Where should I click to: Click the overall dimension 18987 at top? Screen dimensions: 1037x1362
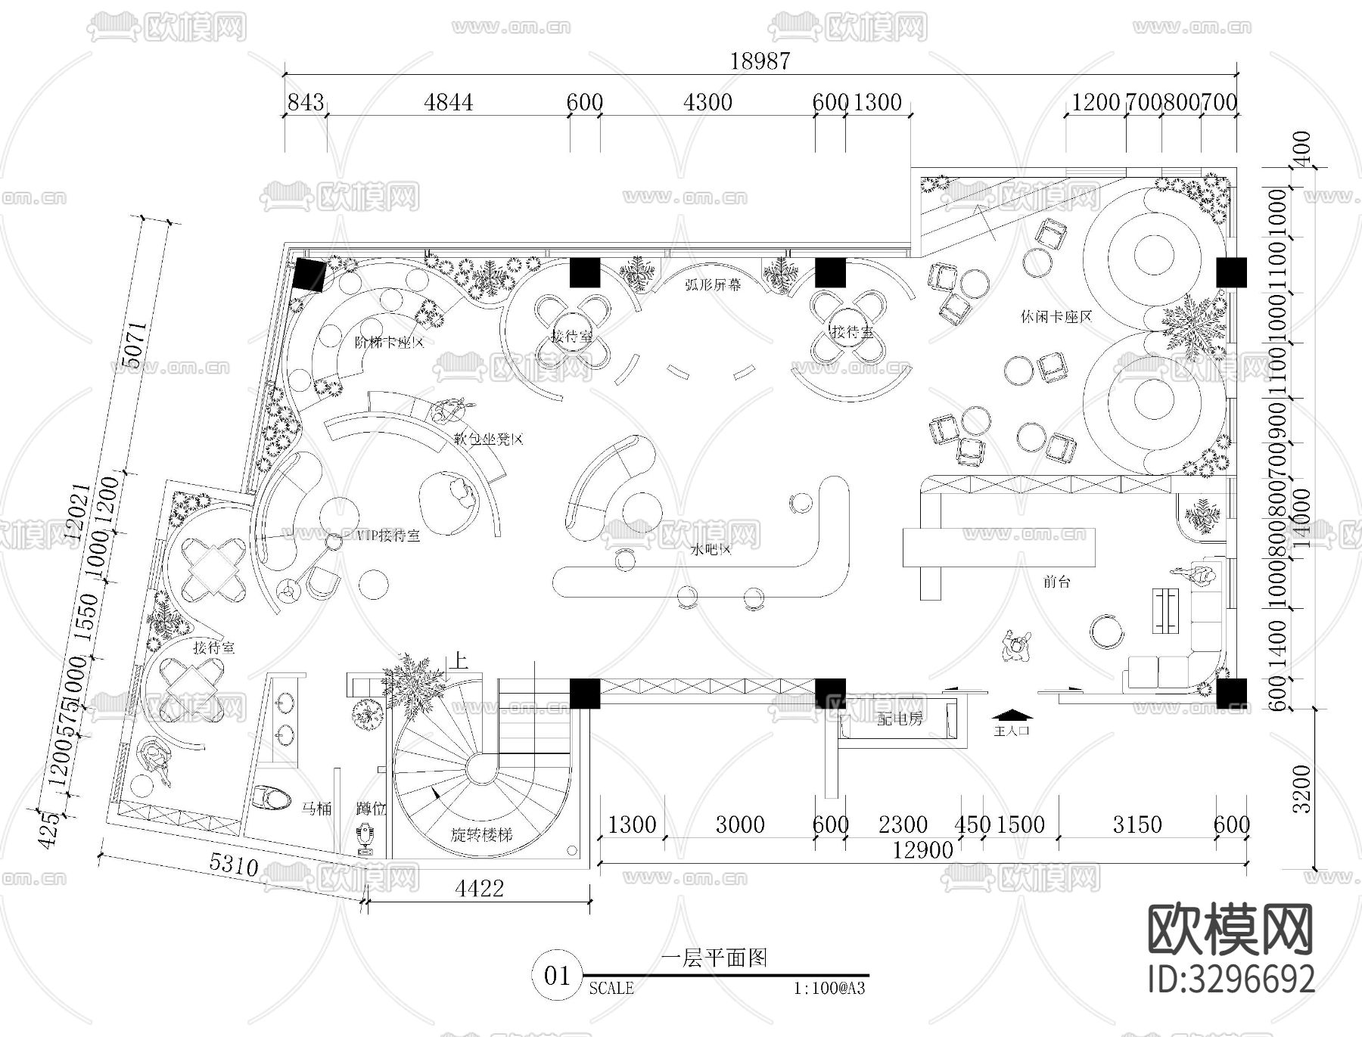click(x=760, y=61)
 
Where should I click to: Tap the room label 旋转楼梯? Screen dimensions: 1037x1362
click(x=482, y=835)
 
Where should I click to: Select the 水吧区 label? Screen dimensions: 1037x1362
click(x=711, y=549)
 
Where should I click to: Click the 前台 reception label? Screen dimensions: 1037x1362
click(x=1056, y=582)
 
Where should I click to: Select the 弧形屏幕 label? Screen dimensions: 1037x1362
click(x=713, y=284)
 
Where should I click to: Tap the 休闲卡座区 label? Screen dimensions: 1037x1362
click(x=1056, y=316)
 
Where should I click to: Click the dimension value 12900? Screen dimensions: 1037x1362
click(x=922, y=850)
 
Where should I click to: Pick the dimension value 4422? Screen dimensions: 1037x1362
click(x=479, y=888)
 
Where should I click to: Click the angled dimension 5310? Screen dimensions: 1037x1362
click(x=233, y=865)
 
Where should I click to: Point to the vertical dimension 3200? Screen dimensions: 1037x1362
click(x=1301, y=788)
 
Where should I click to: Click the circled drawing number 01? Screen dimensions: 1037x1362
click(x=558, y=976)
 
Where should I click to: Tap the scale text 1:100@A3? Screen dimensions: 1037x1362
click(x=829, y=989)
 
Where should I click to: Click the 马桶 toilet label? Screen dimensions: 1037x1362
click(x=316, y=809)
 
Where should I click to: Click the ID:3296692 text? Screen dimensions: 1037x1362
click(x=1231, y=980)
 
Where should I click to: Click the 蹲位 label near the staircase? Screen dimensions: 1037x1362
click(x=371, y=809)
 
